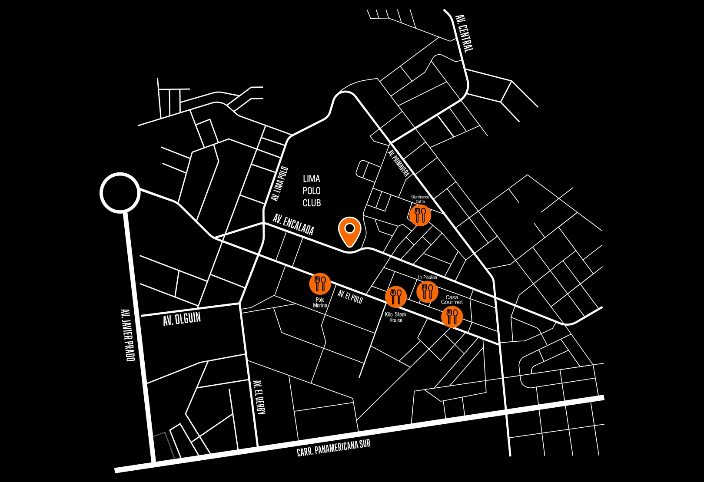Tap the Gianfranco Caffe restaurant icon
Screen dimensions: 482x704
tap(420, 215)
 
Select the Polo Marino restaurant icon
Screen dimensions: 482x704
tap(320, 284)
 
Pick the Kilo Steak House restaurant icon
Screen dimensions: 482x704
tap(395, 297)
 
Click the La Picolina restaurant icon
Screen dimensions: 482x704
tap(427, 291)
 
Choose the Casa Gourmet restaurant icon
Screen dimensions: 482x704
tap(452, 316)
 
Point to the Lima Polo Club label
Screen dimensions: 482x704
tap(312, 191)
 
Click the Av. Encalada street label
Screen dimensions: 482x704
tap(293, 224)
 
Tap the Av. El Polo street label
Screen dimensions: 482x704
tap(350, 297)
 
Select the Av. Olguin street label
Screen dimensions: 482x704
tap(182, 319)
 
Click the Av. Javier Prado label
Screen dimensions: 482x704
tap(128, 335)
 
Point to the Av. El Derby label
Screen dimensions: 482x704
tap(259, 397)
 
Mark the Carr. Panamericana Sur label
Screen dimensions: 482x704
tap(333, 448)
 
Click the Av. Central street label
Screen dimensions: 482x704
tap(464, 33)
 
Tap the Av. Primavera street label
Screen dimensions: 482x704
tap(398, 163)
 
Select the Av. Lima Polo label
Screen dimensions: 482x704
tap(279, 184)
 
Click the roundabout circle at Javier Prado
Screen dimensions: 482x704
tap(120, 193)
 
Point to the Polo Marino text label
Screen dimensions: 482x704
tap(320, 303)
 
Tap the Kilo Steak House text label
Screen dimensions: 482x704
tap(395, 317)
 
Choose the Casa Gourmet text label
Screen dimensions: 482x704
tap(452, 300)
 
